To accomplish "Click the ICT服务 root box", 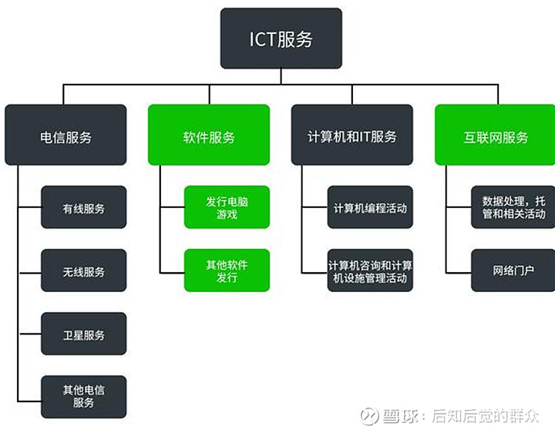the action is click(281, 39).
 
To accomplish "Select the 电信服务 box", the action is click(66, 135).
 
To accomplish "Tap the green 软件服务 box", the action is click(209, 135).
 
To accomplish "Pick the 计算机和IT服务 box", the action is click(352, 135).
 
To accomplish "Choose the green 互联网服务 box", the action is click(495, 135).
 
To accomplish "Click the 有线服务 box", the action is click(84, 207).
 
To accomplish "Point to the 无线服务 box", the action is click(84, 270).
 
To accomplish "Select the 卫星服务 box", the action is click(84, 334).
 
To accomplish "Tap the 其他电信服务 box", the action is click(84, 397).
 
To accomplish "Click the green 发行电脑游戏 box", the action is click(227, 207).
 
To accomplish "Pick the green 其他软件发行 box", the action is click(227, 270).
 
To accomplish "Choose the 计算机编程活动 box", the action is click(370, 207).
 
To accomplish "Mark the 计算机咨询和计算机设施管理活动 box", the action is click(370, 270).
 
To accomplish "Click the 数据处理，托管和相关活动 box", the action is click(513, 207).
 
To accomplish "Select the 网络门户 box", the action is click(513, 270).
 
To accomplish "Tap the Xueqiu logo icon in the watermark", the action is click(369, 416).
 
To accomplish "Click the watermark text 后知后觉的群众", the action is click(486, 416).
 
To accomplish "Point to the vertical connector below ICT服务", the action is click(281, 76).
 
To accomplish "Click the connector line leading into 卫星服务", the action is click(30, 334).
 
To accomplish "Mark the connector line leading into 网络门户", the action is click(459, 273).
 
